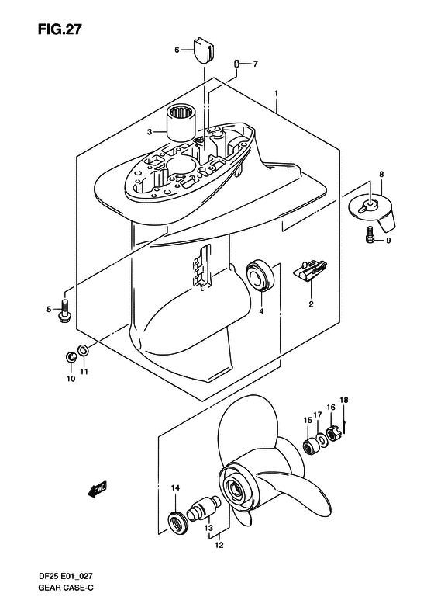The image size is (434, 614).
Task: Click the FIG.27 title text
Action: (60, 29)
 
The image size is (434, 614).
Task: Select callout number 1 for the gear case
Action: (276, 94)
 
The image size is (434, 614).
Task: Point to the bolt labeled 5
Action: (64, 310)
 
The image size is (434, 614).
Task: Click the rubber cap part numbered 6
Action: (204, 49)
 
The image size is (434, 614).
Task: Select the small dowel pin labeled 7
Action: (236, 64)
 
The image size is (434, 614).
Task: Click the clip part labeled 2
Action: (311, 270)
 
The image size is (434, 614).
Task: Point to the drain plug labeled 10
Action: (71, 357)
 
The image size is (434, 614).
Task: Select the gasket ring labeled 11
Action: (83, 350)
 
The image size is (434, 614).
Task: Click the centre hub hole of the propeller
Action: (236, 488)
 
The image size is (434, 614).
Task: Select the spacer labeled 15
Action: (312, 446)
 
